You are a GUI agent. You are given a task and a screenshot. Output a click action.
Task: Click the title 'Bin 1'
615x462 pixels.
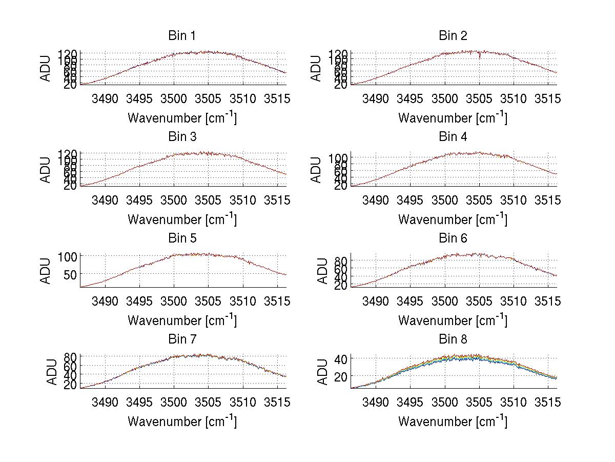point(181,36)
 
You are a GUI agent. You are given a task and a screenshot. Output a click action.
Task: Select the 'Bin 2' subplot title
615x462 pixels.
point(453,36)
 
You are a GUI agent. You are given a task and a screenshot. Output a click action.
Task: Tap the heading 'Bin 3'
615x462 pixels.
point(181,137)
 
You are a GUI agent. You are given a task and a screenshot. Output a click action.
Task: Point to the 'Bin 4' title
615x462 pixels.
point(453,137)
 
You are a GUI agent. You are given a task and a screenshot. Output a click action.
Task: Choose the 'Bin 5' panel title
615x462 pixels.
point(181,238)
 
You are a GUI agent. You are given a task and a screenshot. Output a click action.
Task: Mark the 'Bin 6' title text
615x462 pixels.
point(453,238)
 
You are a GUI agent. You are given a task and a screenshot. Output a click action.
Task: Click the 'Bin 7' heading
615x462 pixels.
point(181,339)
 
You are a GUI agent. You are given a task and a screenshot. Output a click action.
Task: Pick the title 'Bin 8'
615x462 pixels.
point(453,339)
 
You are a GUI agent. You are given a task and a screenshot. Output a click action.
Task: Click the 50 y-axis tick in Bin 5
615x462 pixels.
point(69,274)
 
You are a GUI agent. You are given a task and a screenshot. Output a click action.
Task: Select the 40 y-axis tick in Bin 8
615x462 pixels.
point(340,358)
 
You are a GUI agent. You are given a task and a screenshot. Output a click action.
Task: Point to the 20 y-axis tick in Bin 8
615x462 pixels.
point(340,376)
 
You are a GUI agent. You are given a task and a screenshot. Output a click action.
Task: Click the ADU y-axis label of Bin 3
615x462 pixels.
point(46,170)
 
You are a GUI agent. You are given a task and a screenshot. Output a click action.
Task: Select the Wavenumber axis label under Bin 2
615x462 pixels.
point(453,117)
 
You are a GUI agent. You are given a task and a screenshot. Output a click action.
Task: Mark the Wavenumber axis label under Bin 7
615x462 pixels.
point(181,421)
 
